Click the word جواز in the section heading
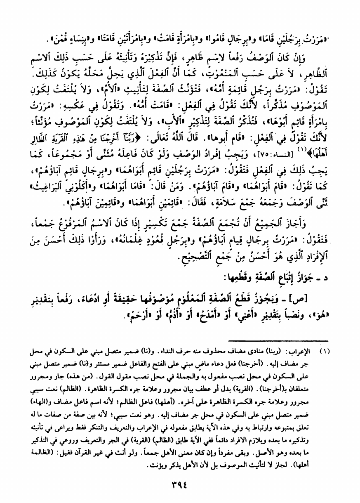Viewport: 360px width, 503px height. (313, 274)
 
